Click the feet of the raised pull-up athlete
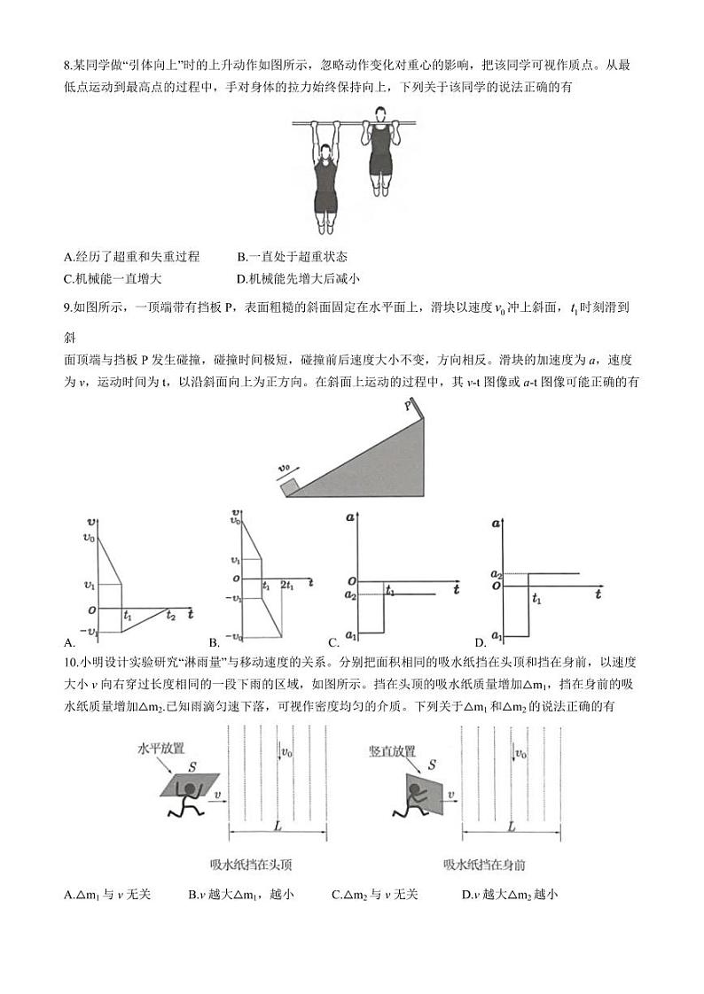[381, 189]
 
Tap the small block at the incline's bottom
[288, 487]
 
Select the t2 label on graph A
[170, 616]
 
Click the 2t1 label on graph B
[288, 586]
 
